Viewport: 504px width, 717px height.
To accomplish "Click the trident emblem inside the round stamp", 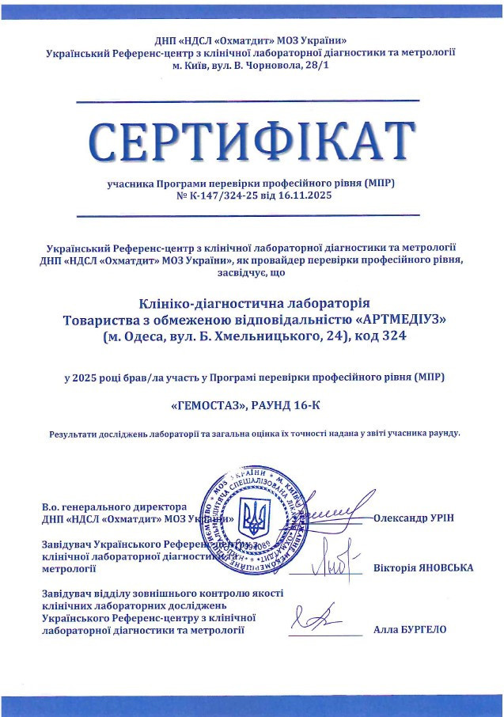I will pyautogui.click(x=254, y=518).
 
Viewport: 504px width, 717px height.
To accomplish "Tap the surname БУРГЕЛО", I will pyautogui.click(x=423, y=630).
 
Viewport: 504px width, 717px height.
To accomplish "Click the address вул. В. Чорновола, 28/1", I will pyautogui.click(x=274, y=64).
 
